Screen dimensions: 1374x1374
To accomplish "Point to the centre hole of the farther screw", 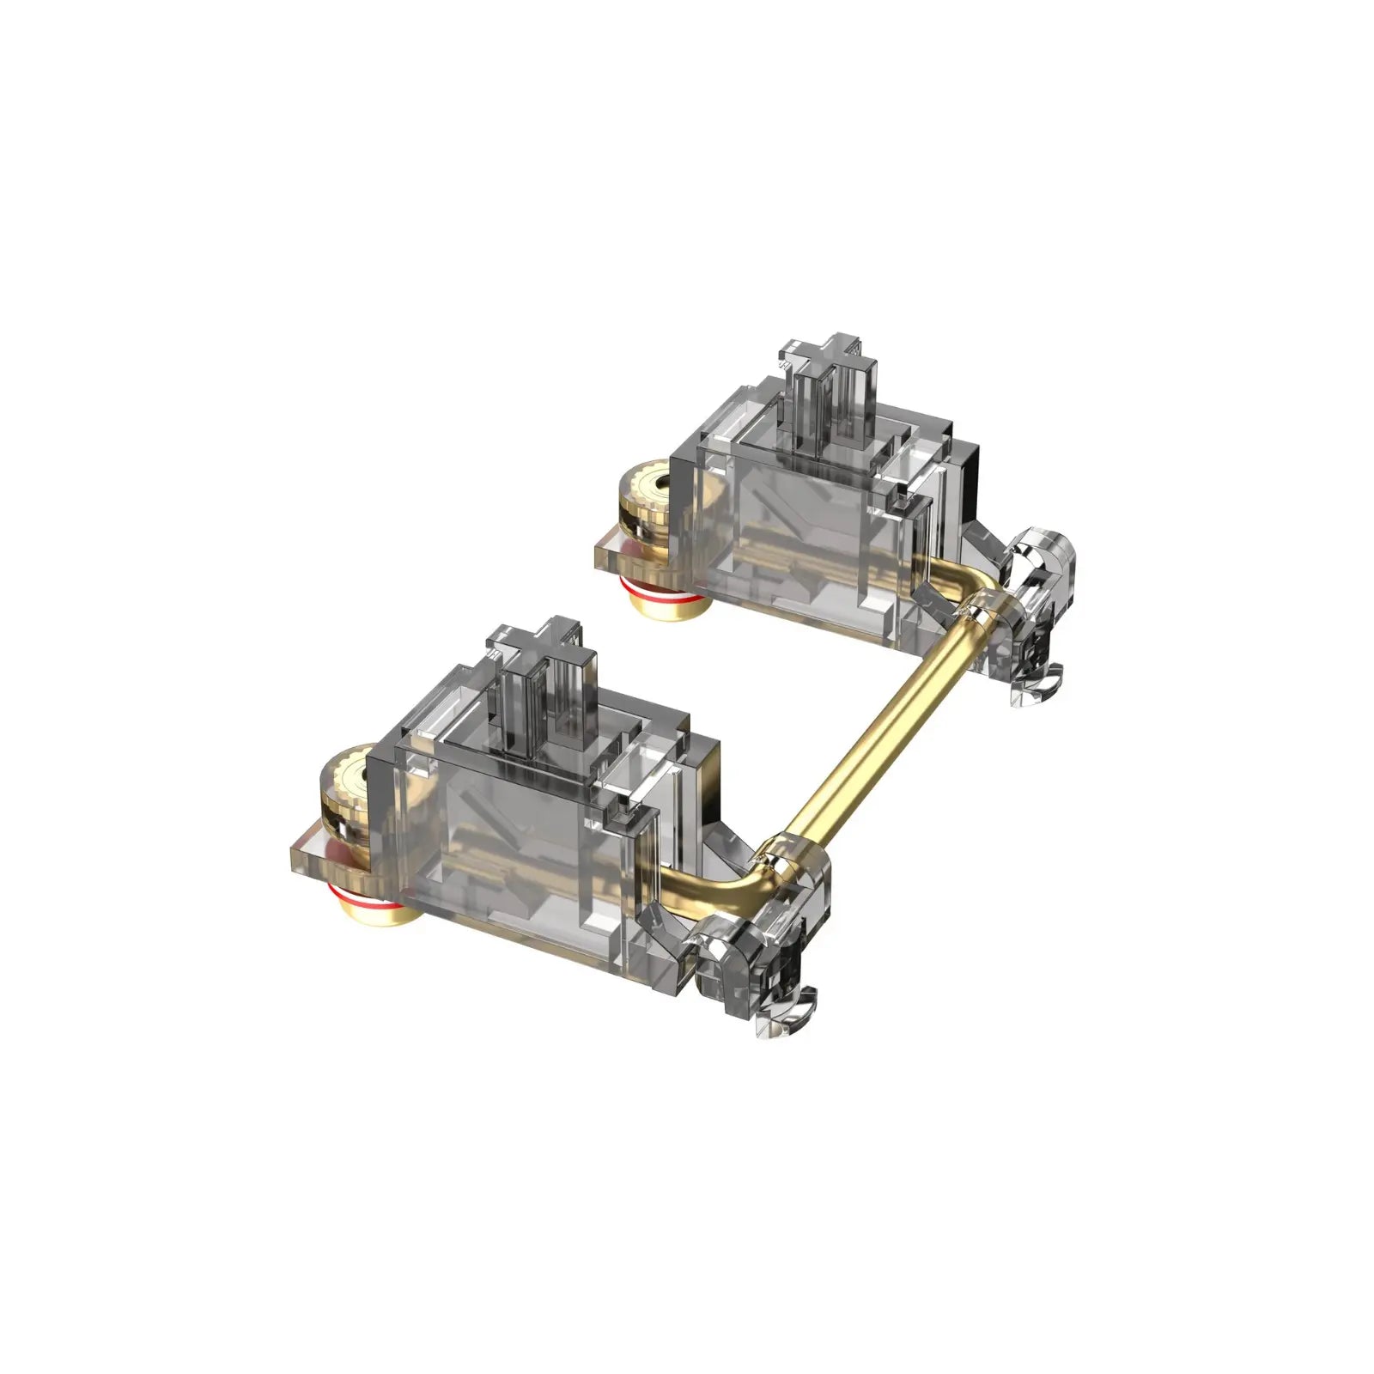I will pyautogui.click(x=654, y=488).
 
